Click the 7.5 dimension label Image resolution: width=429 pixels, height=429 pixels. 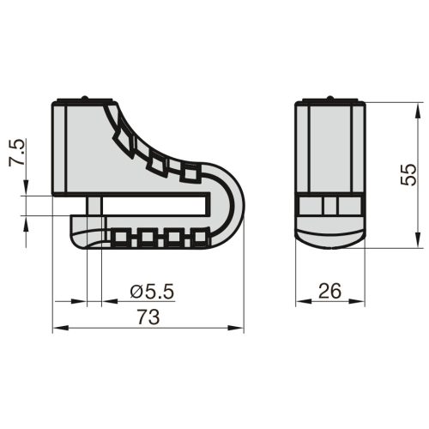(x=16, y=153)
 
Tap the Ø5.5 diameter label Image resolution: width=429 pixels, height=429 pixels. (x=152, y=292)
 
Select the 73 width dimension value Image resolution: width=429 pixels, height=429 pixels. (x=148, y=317)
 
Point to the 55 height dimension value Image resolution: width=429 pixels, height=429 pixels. (x=408, y=174)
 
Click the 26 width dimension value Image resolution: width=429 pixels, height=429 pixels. (x=330, y=291)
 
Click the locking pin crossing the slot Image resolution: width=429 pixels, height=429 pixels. (x=94, y=206)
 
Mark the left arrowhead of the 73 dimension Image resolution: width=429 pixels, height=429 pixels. (x=61, y=328)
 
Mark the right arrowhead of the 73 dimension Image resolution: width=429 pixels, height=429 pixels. (x=235, y=328)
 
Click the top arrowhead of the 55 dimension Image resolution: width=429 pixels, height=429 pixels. (x=418, y=111)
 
